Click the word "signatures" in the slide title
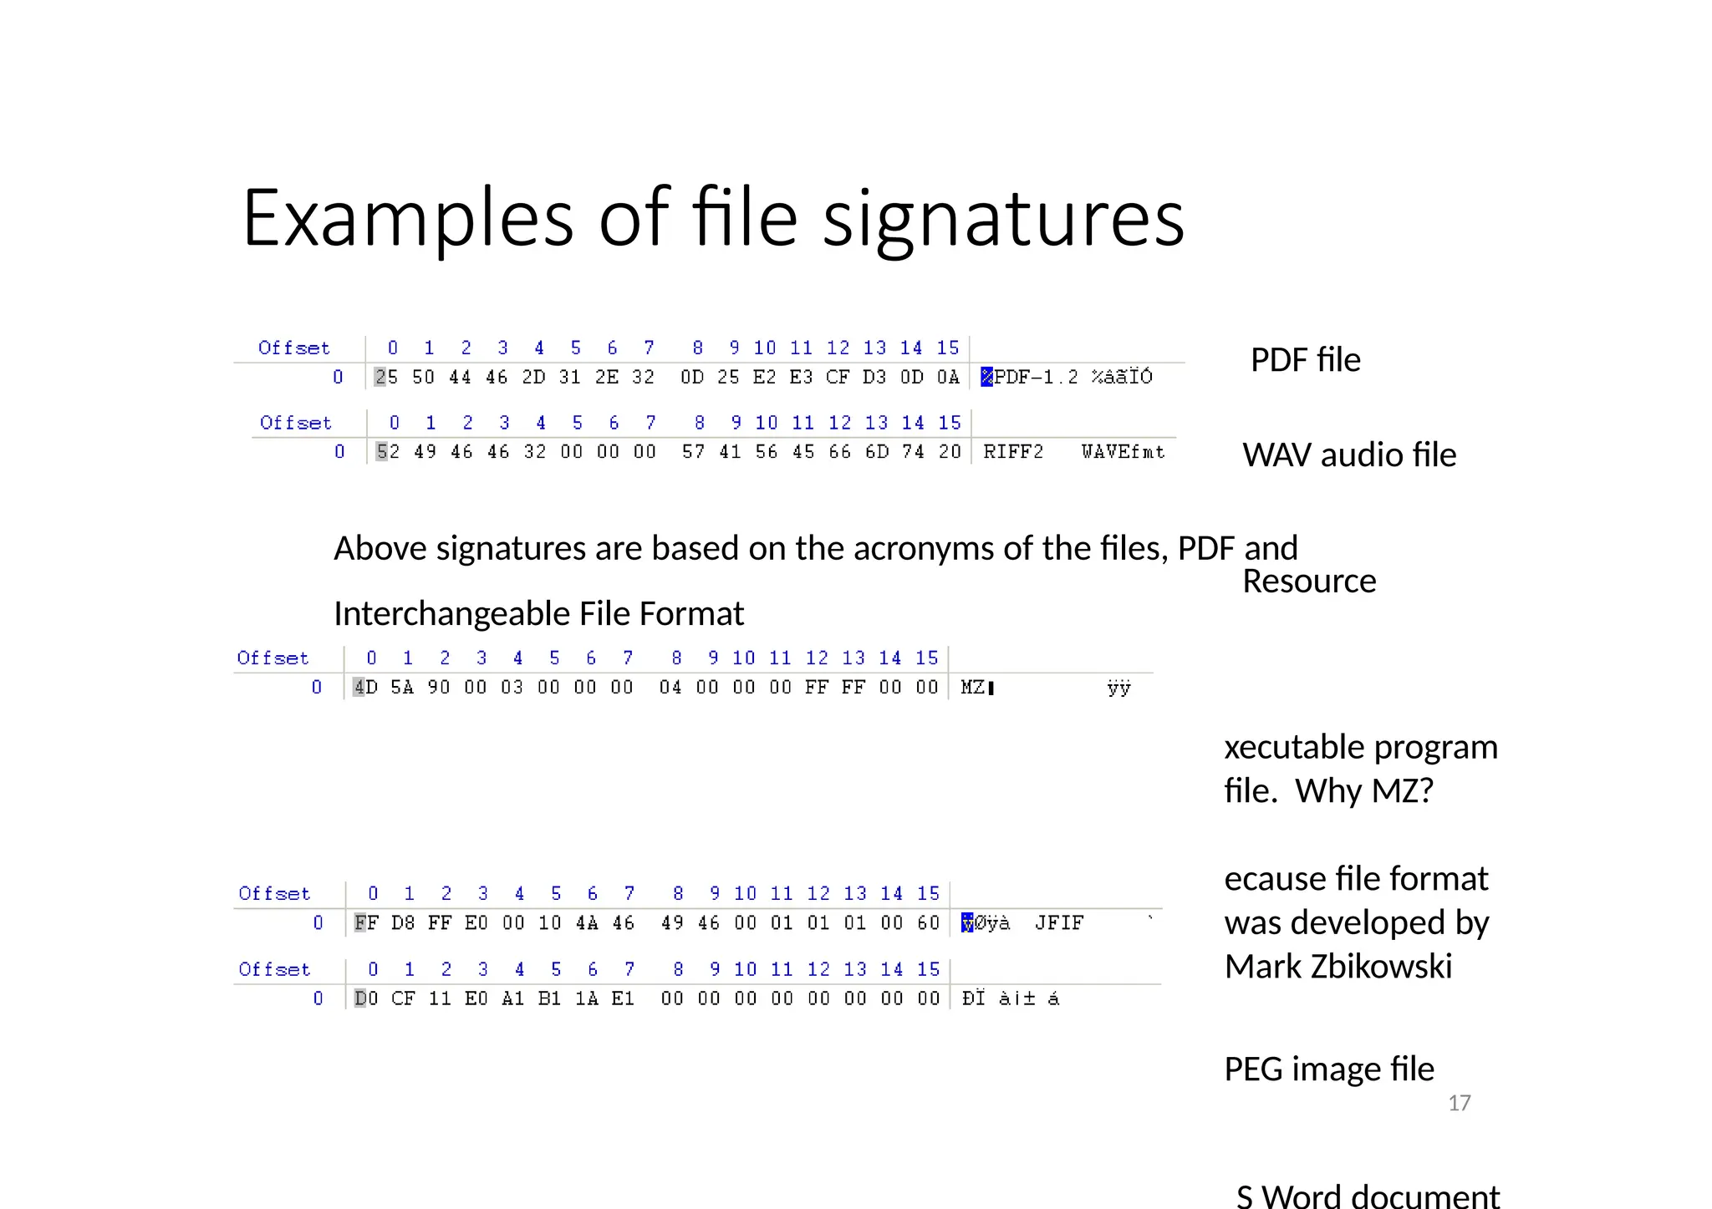tap(1003, 219)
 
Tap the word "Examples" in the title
tap(407, 219)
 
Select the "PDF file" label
tap(1305, 360)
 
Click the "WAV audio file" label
tap(1349, 455)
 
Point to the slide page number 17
tap(1459, 1104)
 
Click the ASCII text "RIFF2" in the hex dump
tap(1013, 452)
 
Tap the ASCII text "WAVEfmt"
tap(1123, 452)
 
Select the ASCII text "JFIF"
tap(1059, 923)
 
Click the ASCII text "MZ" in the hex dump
tap(972, 688)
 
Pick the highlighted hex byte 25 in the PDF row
tap(386, 377)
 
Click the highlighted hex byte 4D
tap(365, 688)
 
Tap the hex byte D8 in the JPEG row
tap(403, 923)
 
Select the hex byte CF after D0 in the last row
tap(403, 998)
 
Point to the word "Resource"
tap(1309, 582)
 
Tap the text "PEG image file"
tap(1328, 1069)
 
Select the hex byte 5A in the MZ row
tap(402, 688)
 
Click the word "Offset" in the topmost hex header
tap(294, 348)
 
